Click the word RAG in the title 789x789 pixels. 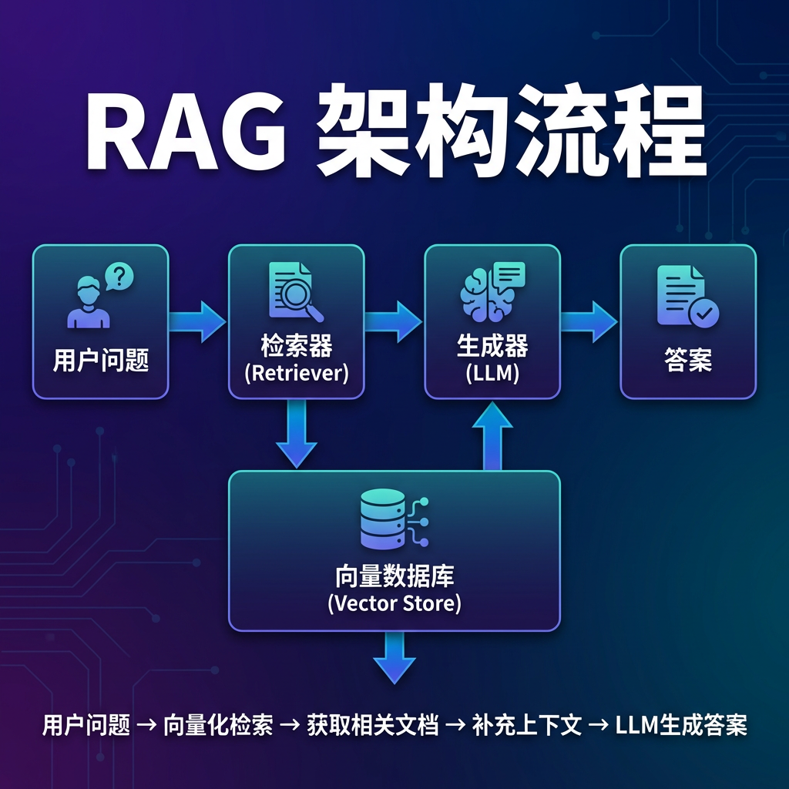tap(186, 130)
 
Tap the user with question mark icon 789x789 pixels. tap(100, 295)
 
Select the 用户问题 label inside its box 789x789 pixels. tap(101, 361)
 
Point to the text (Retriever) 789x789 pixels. tap(297, 374)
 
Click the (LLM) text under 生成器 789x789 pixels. tap(492, 374)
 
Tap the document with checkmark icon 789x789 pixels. tap(688, 297)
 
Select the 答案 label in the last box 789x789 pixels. tap(688, 361)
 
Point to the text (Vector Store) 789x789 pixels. tap(394, 603)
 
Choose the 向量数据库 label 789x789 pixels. tap(394, 576)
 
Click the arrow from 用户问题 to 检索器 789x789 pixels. tap(197, 321)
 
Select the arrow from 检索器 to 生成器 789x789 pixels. tap(393, 321)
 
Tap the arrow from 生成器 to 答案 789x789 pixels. tap(589, 321)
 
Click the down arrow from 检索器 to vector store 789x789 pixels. tap(297, 434)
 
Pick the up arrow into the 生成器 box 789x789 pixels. tap(492, 436)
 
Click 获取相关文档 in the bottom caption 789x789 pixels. tap(372, 725)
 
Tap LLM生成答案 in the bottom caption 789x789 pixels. tap(681, 725)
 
